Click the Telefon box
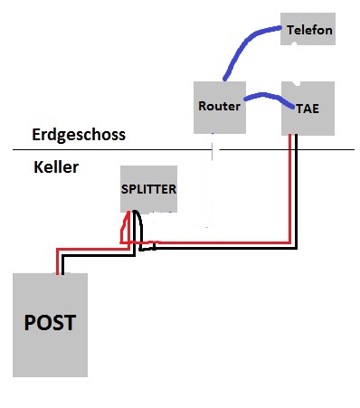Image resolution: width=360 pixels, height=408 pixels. pos(308,29)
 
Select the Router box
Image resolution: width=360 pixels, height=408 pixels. pos(220,108)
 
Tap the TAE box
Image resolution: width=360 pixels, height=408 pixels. pos(308,109)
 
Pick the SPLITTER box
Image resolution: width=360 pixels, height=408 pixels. pos(148,189)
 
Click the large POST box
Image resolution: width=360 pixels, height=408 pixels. pos(50,325)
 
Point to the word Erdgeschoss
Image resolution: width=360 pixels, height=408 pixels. pos(79,135)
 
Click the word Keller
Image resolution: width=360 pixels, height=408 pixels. pos(56,167)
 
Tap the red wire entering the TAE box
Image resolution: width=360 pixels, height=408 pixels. pos(289,188)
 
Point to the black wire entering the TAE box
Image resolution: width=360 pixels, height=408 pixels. pos(296,193)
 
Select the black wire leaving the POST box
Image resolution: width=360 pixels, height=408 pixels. pos(99,256)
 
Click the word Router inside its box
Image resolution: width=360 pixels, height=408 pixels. pos(220,106)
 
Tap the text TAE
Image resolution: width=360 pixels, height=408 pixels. pos(308,109)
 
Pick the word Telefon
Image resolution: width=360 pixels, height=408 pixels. pos(309,30)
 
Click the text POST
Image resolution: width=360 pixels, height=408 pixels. pos(50,322)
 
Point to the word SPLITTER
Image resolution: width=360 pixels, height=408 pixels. pos(148,189)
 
